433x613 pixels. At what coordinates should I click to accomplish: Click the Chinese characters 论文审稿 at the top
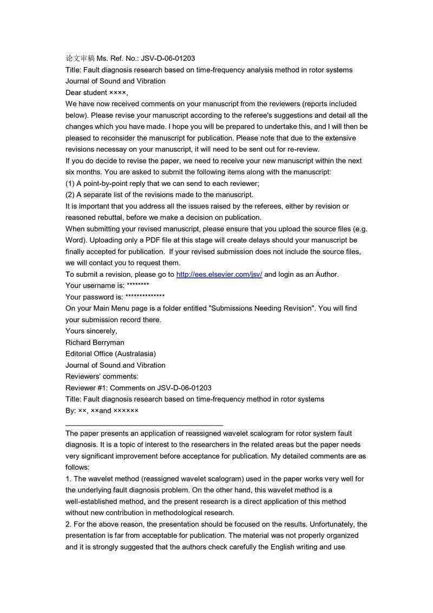pos(80,58)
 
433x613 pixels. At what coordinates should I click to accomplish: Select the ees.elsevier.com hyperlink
pos(219,274)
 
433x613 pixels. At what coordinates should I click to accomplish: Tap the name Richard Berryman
pos(95,342)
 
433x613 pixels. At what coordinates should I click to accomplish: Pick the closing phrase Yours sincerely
pos(91,331)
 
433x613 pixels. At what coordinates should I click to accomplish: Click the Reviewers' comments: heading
pos(102,376)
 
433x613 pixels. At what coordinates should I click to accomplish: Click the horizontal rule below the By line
pos(144,426)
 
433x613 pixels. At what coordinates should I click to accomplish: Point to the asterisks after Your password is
pos(145,297)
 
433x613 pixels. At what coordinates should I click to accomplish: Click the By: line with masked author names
pos(102,410)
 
